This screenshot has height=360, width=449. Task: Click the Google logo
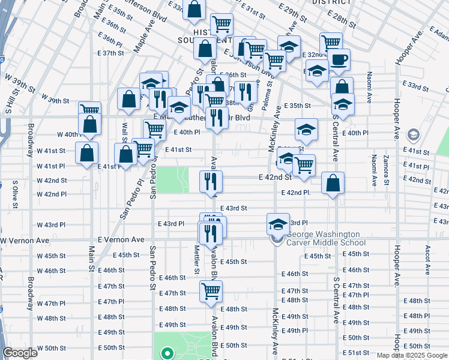[x=20, y=353]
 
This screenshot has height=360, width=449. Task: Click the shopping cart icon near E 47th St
[x=211, y=292]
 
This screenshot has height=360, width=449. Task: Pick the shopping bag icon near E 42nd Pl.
[x=333, y=182]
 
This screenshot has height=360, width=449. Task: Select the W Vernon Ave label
[x=25, y=240]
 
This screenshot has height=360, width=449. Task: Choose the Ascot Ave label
[x=427, y=256]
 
